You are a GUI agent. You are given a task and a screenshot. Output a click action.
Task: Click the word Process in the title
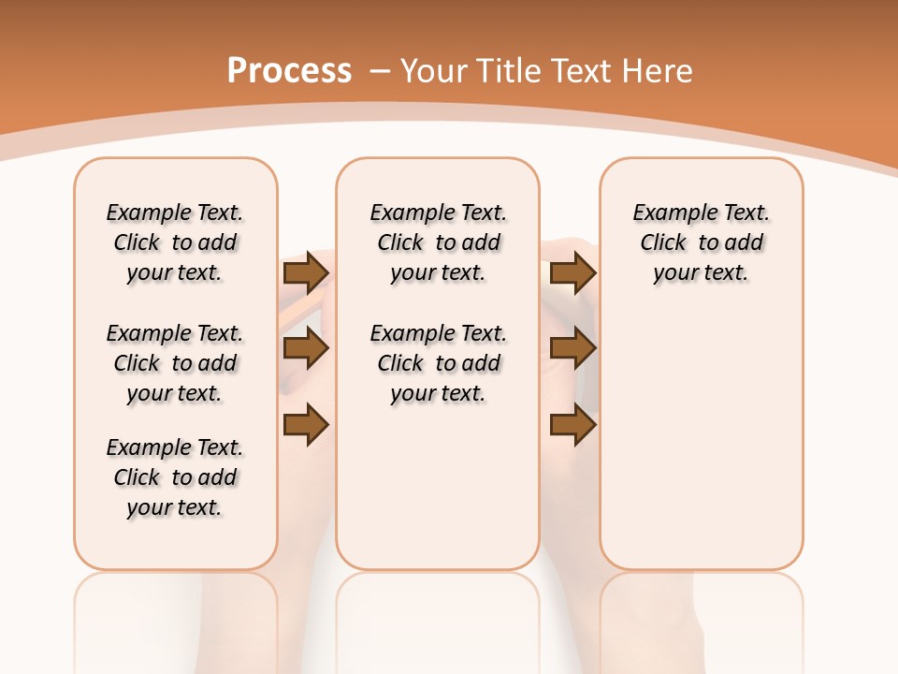[x=289, y=71]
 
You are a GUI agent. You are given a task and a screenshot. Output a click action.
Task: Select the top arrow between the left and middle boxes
[x=306, y=272]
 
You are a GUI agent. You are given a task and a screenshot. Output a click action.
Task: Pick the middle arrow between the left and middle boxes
[x=306, y=348]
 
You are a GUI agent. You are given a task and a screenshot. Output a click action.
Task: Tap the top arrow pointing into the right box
[x=572, y=272]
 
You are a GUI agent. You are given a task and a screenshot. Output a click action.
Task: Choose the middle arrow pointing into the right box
[x=572, y=348]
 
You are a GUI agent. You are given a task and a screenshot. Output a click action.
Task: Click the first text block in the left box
[x=175, y=242]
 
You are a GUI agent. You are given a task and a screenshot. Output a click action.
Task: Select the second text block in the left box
[x=175, y=363]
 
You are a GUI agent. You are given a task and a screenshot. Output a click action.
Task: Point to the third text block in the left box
[x=175, y=477]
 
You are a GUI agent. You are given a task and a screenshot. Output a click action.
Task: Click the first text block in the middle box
[x=438, y=242]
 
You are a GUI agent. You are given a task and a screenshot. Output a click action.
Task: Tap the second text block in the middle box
[x=438, y=363]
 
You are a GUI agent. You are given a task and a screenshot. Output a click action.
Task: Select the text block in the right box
[x=702, y=242]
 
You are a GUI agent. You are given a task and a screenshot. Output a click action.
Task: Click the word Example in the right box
[x=669, y=213]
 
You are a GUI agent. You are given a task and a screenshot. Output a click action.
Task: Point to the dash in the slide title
[x=379, y=71]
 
